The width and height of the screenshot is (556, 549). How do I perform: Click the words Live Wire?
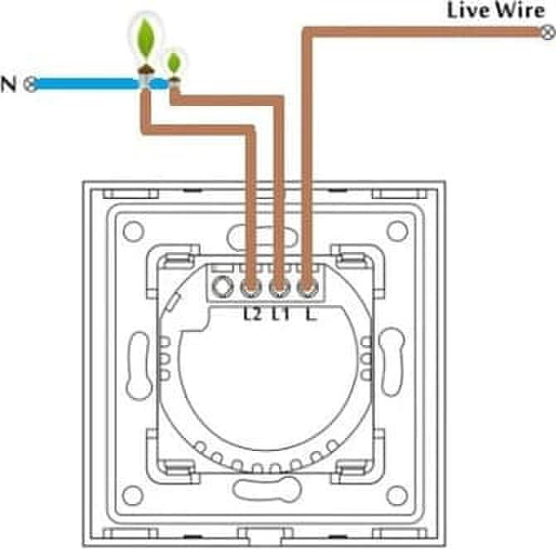click(x=495, y=10)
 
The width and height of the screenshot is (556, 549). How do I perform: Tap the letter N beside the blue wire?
click(x=8, y=85)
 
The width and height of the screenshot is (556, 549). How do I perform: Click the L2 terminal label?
click(x=252, y=313)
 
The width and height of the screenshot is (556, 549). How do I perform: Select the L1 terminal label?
click(x=280, y=313)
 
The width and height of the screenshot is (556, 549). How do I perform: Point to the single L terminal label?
click(x=310, y=313)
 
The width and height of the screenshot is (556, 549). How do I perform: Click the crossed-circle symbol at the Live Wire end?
click(x=549, y=33)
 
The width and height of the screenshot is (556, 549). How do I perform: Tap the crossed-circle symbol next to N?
click(x=31, y=85)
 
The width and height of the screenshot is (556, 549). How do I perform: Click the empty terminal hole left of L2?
click(x=222, y=287)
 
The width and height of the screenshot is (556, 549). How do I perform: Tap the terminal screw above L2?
click(x=251, y=288)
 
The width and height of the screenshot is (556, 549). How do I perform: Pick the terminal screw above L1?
click(x=280, y=288)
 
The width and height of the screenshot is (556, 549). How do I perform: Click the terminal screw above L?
click(x=307, y=288)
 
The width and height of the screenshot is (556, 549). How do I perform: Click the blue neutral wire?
click(x=100, y=85)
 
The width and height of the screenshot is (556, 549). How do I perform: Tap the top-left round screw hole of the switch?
click(x=134, y=231)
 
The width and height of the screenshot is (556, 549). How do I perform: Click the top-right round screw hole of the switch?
click(x=397, y=231)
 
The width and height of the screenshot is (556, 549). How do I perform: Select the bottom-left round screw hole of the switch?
click(x=134, y=495)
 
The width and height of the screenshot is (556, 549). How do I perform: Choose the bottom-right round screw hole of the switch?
click(x=397, y=495)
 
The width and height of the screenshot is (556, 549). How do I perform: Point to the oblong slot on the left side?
click(x=139, y=366)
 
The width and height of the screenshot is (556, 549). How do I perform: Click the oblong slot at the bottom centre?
click(x=266, y=489)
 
